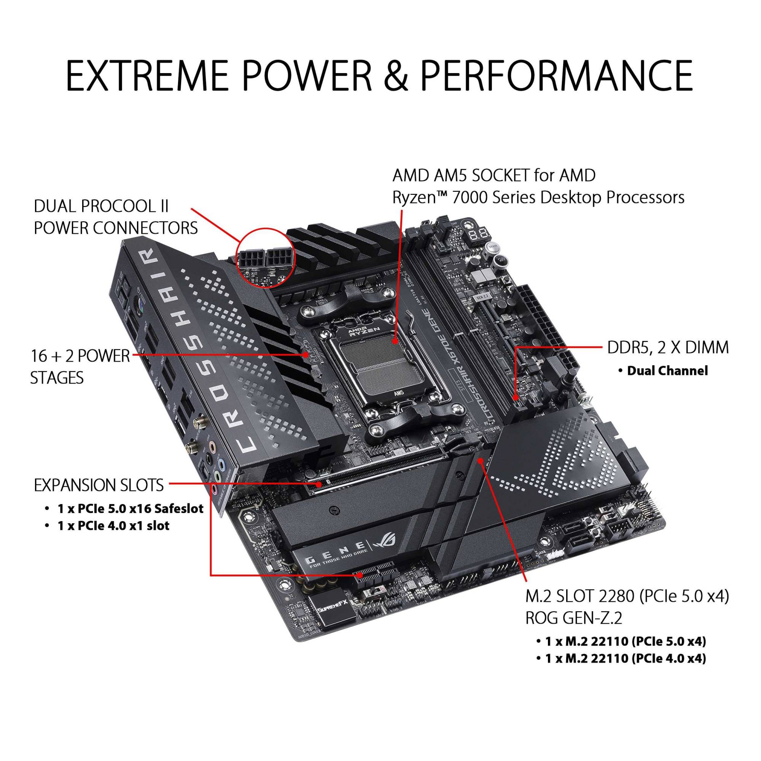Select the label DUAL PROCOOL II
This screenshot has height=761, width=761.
pos(101,206)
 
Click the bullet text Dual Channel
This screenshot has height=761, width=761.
pos(667,371)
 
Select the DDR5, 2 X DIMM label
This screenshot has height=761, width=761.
pos(668,348)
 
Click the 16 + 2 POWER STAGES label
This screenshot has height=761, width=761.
pos(80,367)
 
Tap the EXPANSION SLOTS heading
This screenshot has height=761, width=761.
pos(99,485)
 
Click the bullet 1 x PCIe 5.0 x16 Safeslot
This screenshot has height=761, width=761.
pos(131,508)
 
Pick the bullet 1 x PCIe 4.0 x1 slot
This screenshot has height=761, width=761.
pos(113,525)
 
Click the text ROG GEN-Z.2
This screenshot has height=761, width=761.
pos(573,618)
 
